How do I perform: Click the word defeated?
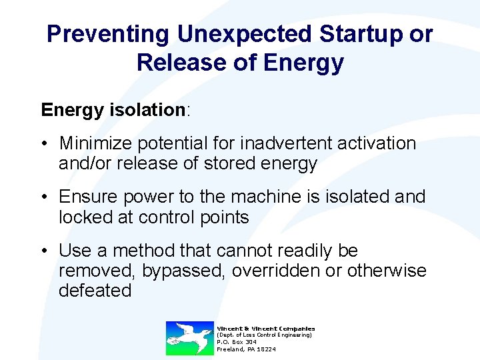click(x=95, y=291)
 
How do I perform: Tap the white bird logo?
click(x=189, y=337)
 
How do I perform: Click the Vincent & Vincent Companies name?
click(x=265, y=328)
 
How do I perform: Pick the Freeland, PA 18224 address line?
click(x=246, y=349)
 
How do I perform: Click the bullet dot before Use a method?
click(x=44, y=251)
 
